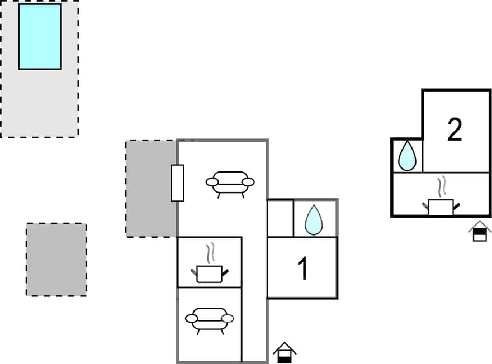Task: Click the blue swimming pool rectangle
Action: coord(40,36)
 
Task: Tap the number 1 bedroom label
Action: coord(302,269)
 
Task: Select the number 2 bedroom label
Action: coord(455,130)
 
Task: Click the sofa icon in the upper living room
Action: coord(230,183)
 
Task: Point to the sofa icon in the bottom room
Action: coord(209,319)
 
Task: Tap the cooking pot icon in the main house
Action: coord(209,274)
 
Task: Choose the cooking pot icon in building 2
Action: coord(441,207)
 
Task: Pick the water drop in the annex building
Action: coord(407,156)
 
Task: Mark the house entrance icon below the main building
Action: coord(285,353)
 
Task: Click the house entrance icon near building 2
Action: coord(480,231)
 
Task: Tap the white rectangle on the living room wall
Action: coord(177,183)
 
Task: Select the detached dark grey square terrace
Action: coord(56,260)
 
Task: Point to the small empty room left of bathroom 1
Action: coord(280,218)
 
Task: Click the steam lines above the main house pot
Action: coord(210,253)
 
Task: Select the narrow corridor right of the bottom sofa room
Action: coord(254,324)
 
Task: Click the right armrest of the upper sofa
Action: coord(248,182)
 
